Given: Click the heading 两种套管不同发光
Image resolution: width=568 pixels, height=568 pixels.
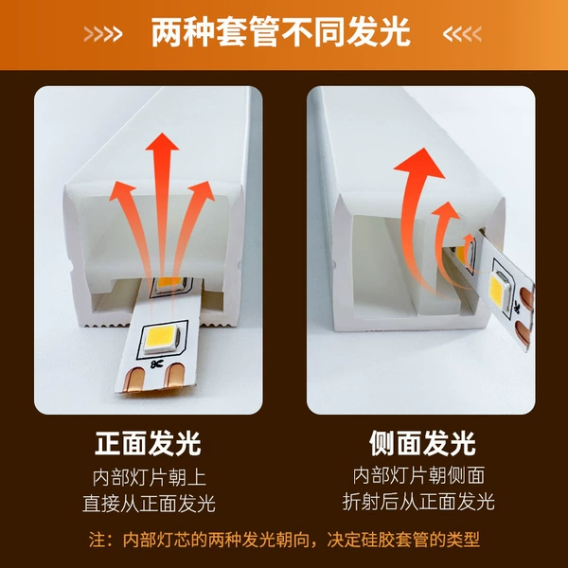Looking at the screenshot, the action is (x=280, y=32).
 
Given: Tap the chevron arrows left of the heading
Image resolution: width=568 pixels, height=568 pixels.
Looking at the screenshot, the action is (x=103, y=34).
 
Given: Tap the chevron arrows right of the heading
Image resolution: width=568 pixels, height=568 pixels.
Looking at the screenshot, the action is (x=462, y=34).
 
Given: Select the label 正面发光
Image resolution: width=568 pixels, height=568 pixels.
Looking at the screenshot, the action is (x=148, y=443).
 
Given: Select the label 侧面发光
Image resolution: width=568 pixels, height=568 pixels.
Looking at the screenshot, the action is (x=422, y=443).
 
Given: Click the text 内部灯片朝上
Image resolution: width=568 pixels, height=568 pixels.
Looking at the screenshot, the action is (x=150, y=477).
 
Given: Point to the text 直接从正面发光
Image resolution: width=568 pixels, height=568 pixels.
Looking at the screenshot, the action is (x=149, y=504).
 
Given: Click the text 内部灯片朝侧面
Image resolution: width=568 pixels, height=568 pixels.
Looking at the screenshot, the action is (x=418, y=475).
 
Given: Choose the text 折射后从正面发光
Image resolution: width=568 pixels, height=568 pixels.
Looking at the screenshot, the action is (x=418, y=502).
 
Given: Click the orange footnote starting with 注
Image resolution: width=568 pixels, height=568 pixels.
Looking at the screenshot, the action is (x=284, y=540).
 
